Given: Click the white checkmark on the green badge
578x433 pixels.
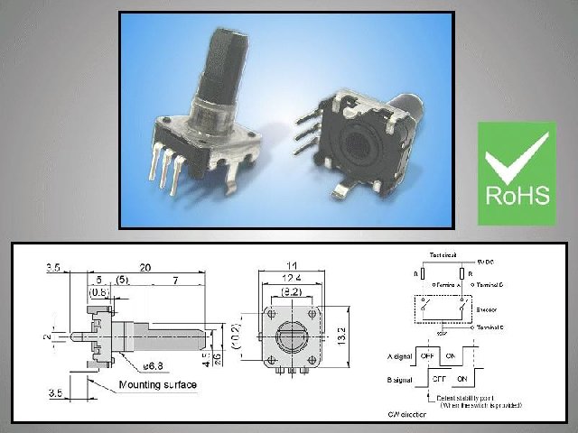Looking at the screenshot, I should (516, 160).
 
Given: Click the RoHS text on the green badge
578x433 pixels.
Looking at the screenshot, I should (517, 196).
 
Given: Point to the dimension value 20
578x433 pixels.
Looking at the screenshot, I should (144, 268).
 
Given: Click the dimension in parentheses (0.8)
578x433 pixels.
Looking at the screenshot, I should (99, 293).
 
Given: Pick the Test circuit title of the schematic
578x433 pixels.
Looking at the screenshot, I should (443, 255).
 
